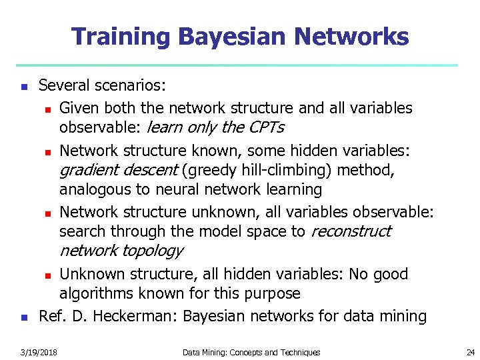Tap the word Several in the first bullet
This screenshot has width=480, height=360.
63,85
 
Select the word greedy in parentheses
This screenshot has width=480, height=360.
211,171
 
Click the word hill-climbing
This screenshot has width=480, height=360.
287,171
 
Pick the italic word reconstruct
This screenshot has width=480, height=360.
351,231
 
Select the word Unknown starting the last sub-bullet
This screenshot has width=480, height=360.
90,274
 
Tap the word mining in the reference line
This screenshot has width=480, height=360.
403,316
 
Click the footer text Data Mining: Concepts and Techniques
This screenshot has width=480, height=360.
251,352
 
